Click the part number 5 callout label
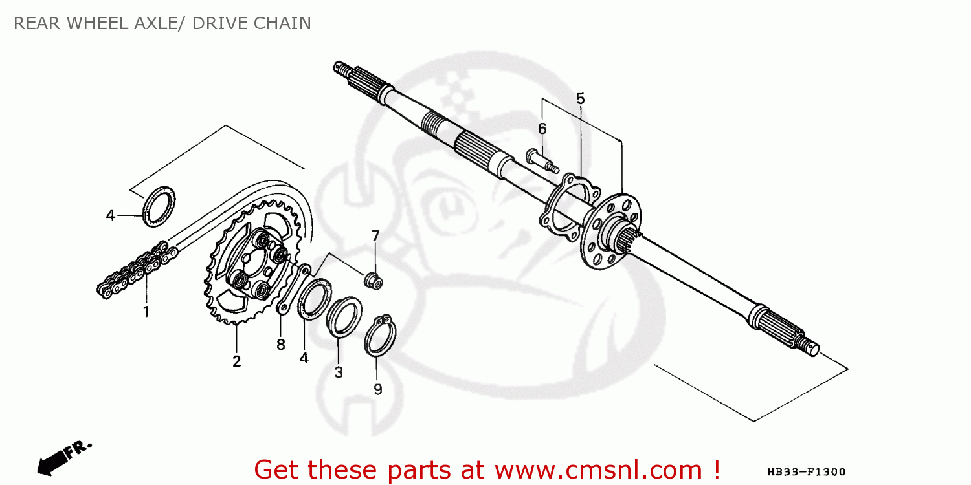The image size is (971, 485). point(580,99)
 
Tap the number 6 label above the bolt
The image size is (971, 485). point(542,129)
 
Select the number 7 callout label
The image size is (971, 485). point(375,236)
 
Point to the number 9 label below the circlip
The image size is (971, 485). point(378,389)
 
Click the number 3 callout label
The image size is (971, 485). point(339,372)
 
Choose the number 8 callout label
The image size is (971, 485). point(281,345)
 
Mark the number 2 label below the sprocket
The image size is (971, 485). point(236,361)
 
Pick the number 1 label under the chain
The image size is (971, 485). point(146,312)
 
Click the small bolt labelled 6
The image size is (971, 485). point(542,161)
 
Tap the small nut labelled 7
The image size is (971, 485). point(374,281)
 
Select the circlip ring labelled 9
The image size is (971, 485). point(379,336)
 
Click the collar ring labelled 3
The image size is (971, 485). point(344,317)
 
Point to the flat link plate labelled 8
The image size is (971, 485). point(293,289)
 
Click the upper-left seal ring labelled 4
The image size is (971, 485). point(159,206)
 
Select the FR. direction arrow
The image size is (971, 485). point(63,458)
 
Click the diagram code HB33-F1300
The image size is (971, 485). point(806,471)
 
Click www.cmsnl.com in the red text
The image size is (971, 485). point(599,470)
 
